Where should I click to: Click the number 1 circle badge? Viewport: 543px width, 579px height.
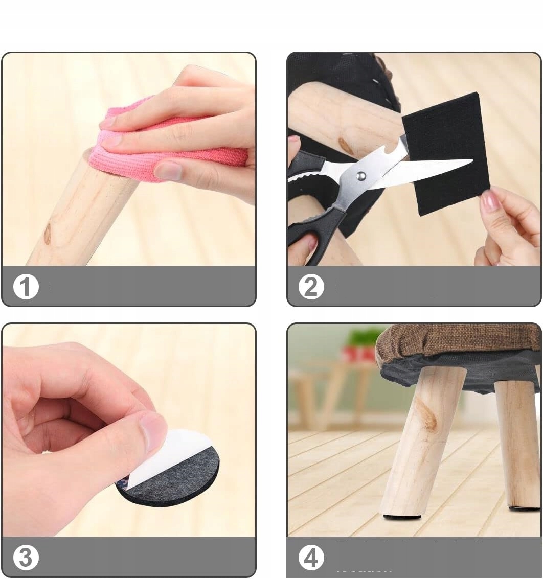[x=26, y=287]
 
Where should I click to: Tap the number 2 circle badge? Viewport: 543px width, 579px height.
[x=311, y=287]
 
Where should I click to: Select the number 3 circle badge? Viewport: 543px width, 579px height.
[x=26, y=558]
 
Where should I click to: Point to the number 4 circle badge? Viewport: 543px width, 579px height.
[x=311, y=558]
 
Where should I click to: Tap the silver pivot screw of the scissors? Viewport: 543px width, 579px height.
[x=361, y=176]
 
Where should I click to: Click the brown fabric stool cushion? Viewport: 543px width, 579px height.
[x=458, y=343]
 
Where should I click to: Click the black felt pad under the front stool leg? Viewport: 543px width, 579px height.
[x=402, y=517]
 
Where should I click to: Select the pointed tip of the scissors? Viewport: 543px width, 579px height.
[x=471, y=160]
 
